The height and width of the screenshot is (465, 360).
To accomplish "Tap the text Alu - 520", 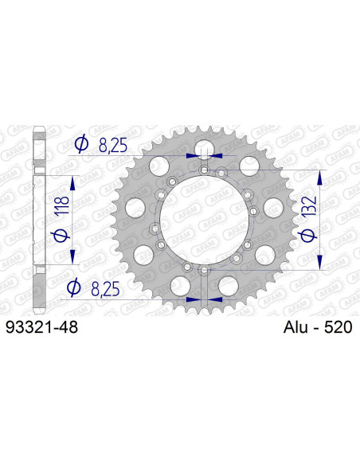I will (x=317, y=326).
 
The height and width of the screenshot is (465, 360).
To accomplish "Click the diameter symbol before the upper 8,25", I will (x=80, y=143).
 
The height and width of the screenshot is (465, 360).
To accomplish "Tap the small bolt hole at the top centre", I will (x=204, y=170).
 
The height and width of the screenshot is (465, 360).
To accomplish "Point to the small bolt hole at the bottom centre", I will (x=204, y=272).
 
